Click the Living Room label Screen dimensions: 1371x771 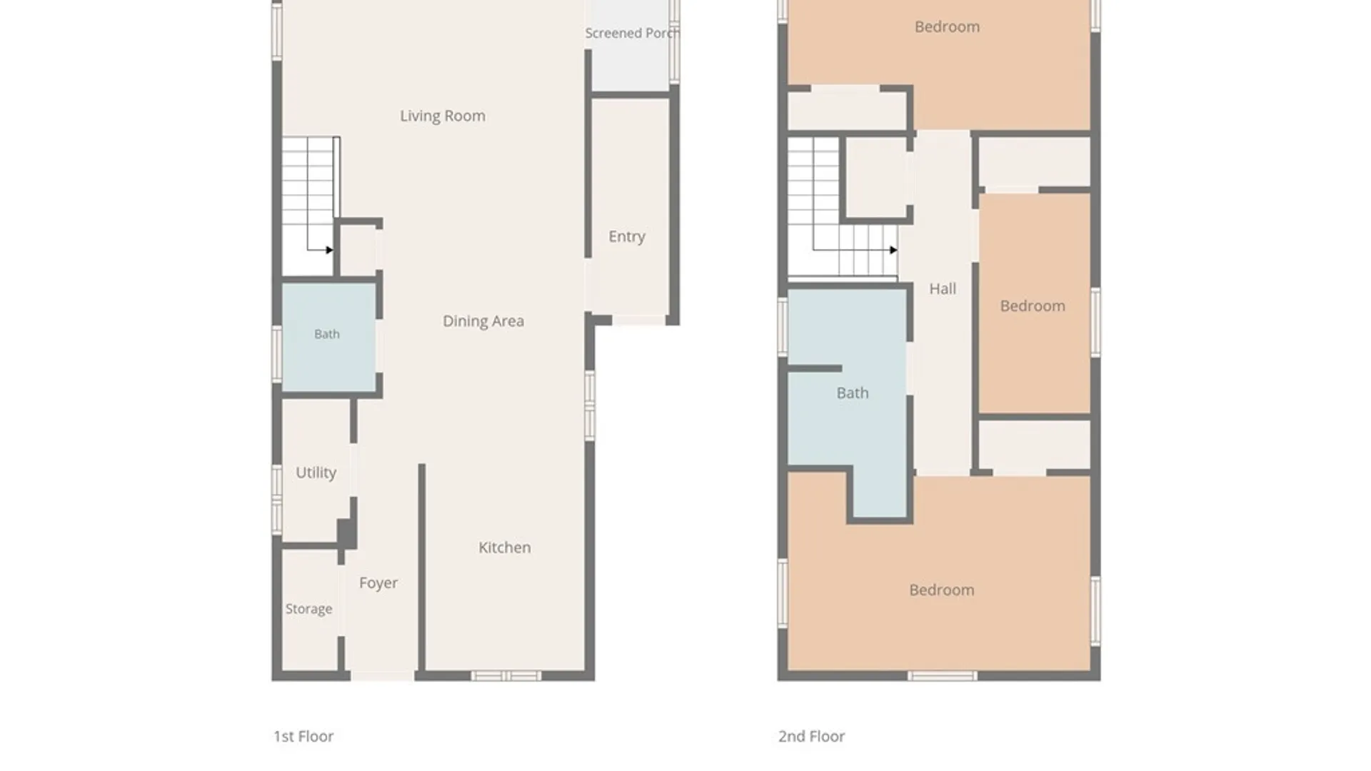pyautogui.click(x=443, y=116)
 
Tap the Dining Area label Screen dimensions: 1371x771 pyautogui.click(x=483, y=321)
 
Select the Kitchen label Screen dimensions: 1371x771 pyautogui.click(x=505, y=548)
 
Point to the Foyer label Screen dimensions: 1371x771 pyautogui.click(x=378, y=583)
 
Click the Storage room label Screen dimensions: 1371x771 pyautogui.click(x=309, y=609)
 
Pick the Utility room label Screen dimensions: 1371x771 pyautogui.click(x=316, y=473)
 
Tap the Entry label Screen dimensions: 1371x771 pyautogui.click(x=627, y=236)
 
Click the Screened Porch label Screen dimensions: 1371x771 pyautogui.click(x=632, y=33)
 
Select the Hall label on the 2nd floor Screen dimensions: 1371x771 pyautogui.click(x=943, y=288)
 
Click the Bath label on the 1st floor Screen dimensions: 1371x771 pyautogui.click(x=327, y=334)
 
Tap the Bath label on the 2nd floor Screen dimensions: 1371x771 pyautogui.click(x=853, y=393)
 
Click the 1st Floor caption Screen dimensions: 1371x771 pyautogui.click(x=303, y=736)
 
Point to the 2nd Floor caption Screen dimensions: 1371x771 pyautogui.click(x=811, y=736)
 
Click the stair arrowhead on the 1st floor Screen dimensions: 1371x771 pyautogui.click(x=329, y=250)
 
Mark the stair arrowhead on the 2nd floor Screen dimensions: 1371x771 pyautogui.click(x=893, y=250)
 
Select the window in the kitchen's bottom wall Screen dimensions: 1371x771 pyautogui.click(x=506, y=675)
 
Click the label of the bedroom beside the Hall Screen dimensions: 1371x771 pyautogui.click(x=1033, y=306)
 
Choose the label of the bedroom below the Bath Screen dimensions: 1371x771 pyautogui.click(x=942, y=590)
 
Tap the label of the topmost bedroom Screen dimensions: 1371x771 pyautogui.click(x=948, y=26)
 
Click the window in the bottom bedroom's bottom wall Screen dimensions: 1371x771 pyautogui.click(x=942, y=675)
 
